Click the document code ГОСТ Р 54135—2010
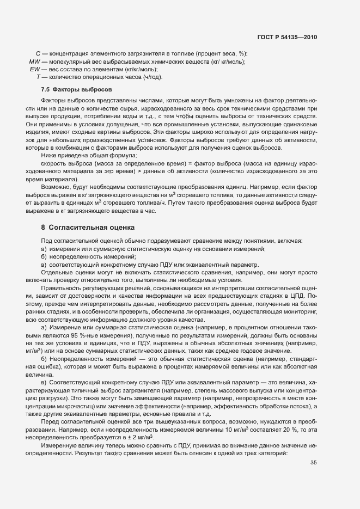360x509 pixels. [286, 37]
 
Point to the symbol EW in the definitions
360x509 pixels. [35, 69]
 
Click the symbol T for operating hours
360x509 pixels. [38, 77]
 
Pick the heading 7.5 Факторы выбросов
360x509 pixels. [76, 89]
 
